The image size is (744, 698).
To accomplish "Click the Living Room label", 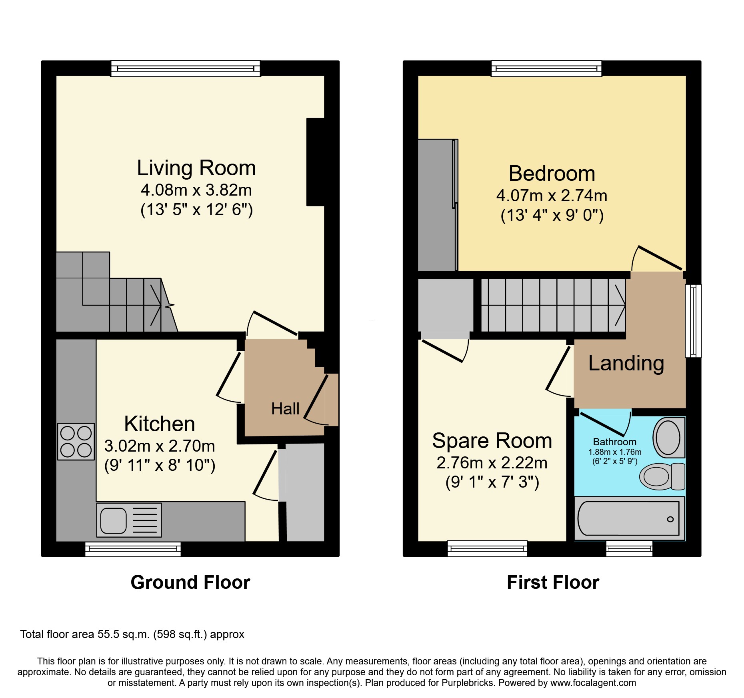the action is [196, 168].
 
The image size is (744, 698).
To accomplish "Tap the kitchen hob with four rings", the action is [76, 442].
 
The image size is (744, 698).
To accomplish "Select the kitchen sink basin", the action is [114, 520].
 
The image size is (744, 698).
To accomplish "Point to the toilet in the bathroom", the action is [662, 476].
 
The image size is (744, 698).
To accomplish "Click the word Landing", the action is [626, 363].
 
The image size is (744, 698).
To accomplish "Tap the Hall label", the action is [285, 409].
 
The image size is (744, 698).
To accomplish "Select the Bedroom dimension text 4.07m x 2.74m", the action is [552, 196].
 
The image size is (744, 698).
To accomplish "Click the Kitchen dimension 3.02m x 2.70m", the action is [160, 446].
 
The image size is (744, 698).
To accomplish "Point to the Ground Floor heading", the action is [190, 582].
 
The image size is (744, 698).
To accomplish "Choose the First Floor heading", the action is [553, 582].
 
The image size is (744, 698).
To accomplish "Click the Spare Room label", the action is [492, 441].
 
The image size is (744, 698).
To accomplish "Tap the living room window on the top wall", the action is [186, 68].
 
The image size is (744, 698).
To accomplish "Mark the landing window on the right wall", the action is [693, 320].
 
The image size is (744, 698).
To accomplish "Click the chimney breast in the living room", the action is [316, 162].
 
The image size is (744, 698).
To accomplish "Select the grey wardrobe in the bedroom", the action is [438, 205].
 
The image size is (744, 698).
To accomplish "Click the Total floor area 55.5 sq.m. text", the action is [132, 634].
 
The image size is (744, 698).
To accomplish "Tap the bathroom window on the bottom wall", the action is [629, 548].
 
